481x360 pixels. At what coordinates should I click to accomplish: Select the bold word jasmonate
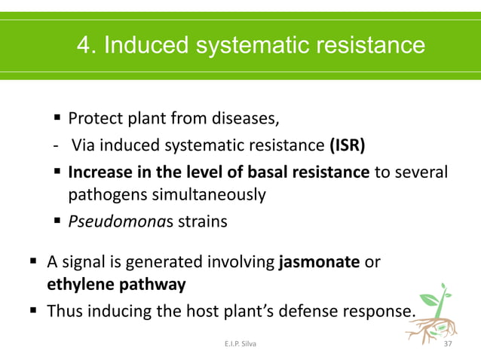[x=320, y=263]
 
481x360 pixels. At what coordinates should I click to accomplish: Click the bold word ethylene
[x=77, y=285]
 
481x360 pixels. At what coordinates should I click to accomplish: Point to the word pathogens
[x=103, y=195]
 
